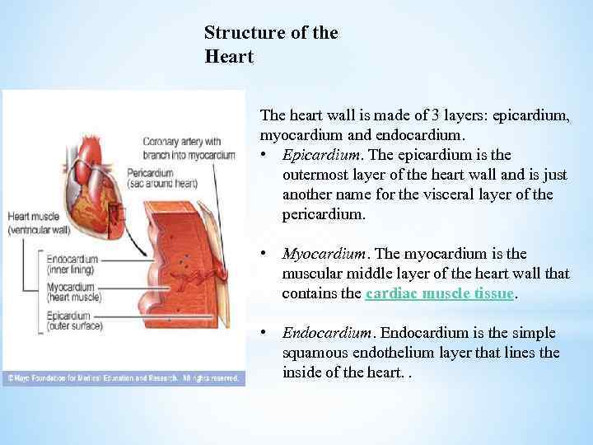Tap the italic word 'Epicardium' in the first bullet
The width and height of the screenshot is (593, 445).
click(321, 155)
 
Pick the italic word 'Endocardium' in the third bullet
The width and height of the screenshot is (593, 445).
click(326, 333)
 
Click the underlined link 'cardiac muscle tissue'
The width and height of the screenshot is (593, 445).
click(440, 293)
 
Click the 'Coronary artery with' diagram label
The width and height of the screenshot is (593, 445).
click(181, 141)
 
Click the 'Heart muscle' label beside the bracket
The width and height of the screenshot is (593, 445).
click(35, 217)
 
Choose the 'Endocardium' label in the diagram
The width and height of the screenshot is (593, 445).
click(72, 259)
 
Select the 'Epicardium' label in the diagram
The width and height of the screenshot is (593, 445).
click(71, 316)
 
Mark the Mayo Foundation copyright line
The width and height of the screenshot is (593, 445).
click(124, 379)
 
